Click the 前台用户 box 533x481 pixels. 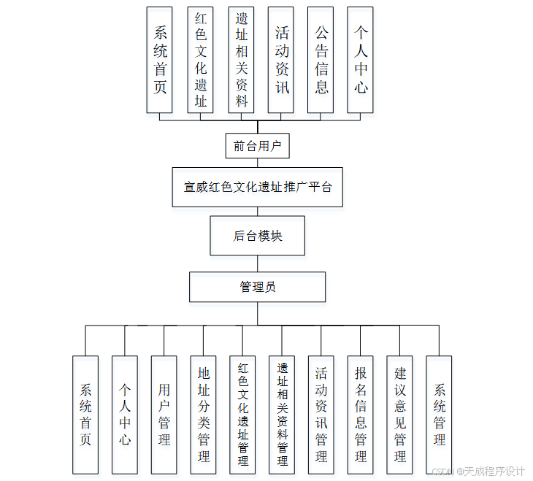pyautogui.click(x=257, y=146)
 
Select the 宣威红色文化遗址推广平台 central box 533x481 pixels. pyautogui.click(x=257, y=187)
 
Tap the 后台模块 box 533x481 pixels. pyautogui.click(x=257, y=235)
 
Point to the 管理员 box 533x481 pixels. pyautogui.click(x=257, y=287)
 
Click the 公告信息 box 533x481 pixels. pyautogui.click(x=321, y=60)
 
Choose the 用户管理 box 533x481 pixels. pyautogui.click(x=164, y=415)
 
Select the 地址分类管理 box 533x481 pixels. pyautogui.click(x=203, y=415)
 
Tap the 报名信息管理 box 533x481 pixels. pyautogui.click(x=361, y=415)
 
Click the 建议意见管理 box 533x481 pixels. pyautogui.click(x=400, y=415)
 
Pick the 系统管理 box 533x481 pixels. pyautogui.click(x=439, y=415)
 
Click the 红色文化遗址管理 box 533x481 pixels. pyautogui.click(x=242, y=415)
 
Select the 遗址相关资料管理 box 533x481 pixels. pyautogui.click(x=282, y=415)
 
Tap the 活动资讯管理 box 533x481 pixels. pyautogui.click(x=321, y=415)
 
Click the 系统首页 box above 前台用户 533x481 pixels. pyautogui.click(x=160, y=60)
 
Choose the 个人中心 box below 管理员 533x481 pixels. pyautogui.click(x=124, y=415)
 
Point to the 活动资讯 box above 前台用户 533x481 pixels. pyautogui.click(x=281, y=60)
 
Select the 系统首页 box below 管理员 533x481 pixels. pyautogui.click(x=85, y=415)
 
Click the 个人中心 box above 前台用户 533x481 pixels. pyautogui.click(x=360, y=60)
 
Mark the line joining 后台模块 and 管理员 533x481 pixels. pyautogui.click(x=257, y=263)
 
